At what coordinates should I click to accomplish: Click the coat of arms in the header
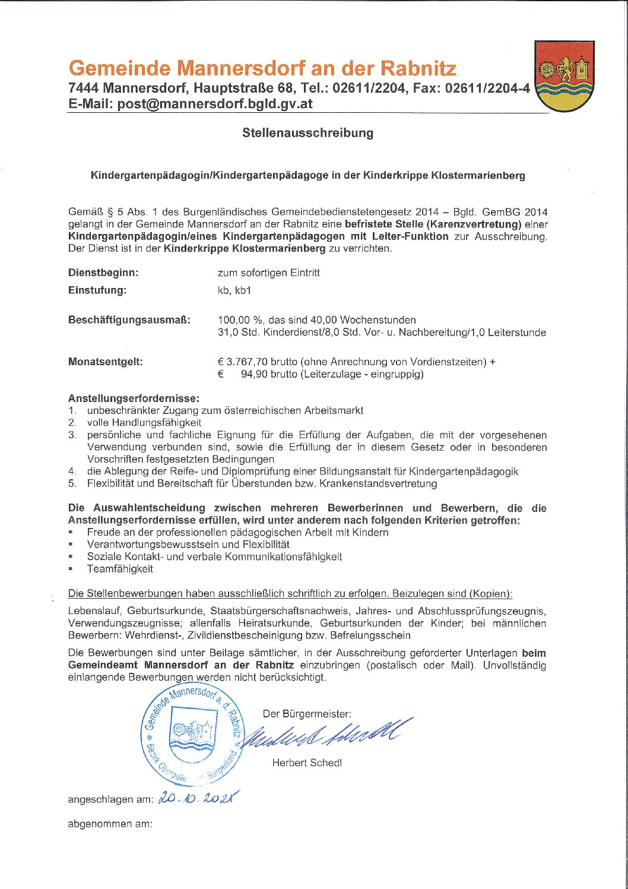point(564,76)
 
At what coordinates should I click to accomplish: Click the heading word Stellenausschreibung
point(307,133)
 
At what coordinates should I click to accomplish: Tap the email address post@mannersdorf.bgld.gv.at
point(215,103)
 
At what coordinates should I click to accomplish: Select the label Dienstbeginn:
point(103,273)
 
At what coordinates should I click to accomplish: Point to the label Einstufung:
point(97,290)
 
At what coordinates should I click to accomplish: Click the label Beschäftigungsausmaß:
point(129,320)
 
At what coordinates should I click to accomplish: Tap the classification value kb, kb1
point(234,290)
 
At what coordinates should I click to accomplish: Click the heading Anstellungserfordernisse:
point(134,398)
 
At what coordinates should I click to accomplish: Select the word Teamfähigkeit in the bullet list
point(120,568)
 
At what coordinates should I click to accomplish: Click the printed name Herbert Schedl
point(307,763)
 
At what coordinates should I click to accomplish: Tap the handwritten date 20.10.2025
point(198,799)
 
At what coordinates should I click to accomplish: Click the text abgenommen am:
point(110,824)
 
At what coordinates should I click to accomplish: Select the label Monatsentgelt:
point(106,362)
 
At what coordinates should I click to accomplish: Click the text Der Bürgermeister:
point(307,714)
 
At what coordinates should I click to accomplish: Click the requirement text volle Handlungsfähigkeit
point(144,423)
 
